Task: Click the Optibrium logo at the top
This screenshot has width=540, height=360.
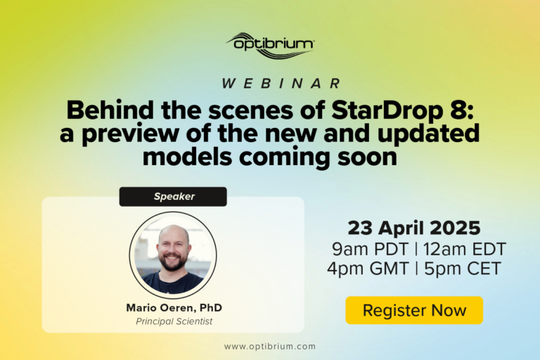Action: point(270,46)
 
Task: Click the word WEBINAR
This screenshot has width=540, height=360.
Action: point(281,84)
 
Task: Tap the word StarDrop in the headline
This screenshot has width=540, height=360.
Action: point(387,110)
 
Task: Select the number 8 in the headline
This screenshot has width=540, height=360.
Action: point(461,110)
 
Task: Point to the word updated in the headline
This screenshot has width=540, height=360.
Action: point(428,134)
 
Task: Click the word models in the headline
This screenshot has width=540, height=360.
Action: point(187,157)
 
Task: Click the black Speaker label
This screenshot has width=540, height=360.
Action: point(173,197)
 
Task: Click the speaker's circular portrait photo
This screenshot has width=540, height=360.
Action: point(173,255)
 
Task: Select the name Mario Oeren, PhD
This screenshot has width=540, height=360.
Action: point(174,308)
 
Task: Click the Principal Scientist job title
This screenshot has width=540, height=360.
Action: point(174,321)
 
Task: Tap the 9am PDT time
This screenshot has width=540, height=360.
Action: point(371,249)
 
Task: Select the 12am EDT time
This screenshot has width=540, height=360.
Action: point(465,249)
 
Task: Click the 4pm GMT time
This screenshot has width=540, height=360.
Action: point(368,269)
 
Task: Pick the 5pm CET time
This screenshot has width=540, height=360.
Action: point(463,269)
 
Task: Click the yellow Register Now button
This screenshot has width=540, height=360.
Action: point(414,310)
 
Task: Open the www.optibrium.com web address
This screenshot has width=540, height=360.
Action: point(270,346)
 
